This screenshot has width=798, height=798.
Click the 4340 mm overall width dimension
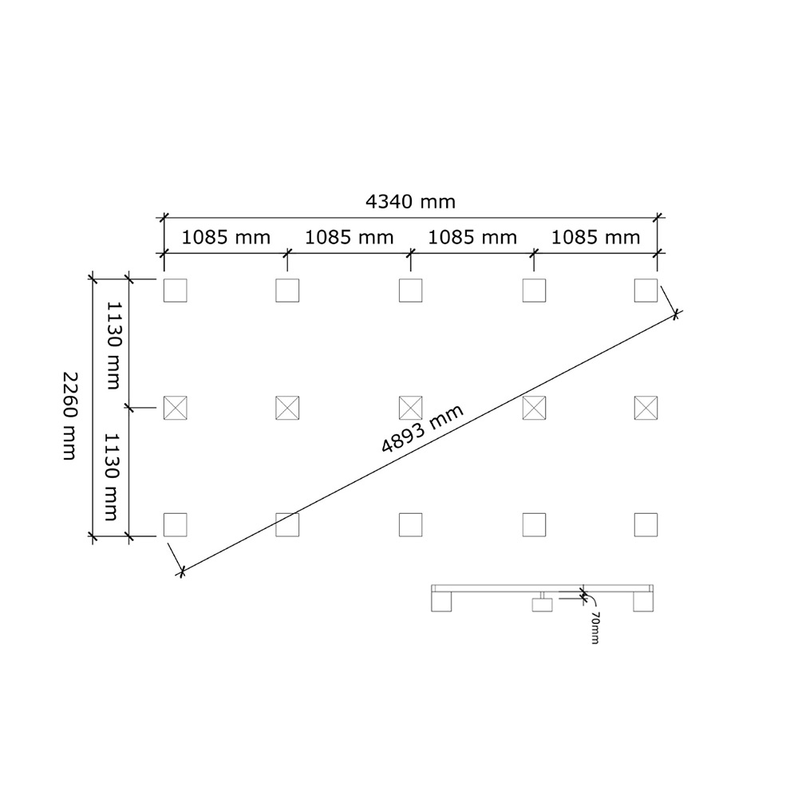point(410,202)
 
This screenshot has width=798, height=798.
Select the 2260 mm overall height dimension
point(69,416)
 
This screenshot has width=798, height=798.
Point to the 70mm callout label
point(595,628)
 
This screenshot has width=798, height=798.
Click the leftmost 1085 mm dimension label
point(226,238)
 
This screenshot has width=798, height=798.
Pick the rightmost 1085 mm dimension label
point(595,238)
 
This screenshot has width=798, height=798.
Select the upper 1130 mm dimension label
point(113,346)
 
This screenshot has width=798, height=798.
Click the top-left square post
point(175,290)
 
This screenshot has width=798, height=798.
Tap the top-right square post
point(646,290)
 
